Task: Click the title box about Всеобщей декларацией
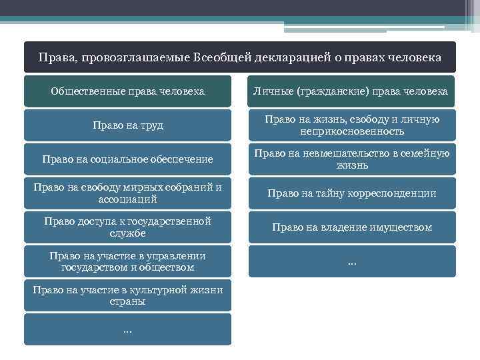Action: pos(239,57)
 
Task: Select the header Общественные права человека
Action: pos(127,91)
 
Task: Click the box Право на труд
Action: pos(127,125)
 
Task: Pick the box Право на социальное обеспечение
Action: pos(127,159)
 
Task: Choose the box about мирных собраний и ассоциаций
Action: pos(127,193)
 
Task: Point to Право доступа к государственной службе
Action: pos(127,227)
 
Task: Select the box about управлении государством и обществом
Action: pos(127,261)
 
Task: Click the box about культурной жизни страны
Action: pos(127,295)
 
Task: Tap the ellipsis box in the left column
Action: pos(127,329)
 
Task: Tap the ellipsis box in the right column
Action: pos(352,261)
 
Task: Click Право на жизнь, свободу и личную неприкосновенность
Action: pos(352,125)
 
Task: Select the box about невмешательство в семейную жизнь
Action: pos(352,159)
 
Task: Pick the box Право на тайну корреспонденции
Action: pos(352,193)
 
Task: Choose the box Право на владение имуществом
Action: pos(352,227)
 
